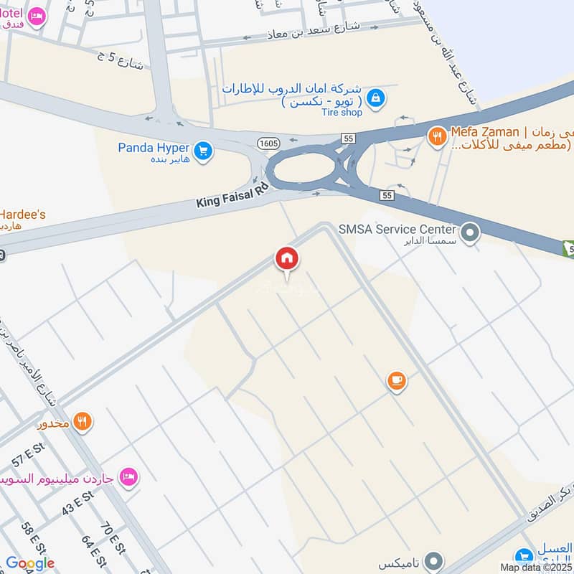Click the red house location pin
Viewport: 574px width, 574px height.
(x=287, y=259)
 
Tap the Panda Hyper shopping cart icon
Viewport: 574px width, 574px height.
(x=203, y=151)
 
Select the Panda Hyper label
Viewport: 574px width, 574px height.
(x=154, y=149)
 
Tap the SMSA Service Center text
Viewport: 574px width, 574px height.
(x=397, y=230)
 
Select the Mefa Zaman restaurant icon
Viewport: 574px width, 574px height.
(x=436, y=136)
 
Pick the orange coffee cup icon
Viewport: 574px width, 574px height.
(x=397, y=381)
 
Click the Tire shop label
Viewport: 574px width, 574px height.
(x=342, y=112)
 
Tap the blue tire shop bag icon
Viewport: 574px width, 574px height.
(x=375, y=97)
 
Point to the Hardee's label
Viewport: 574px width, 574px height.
(x=23, y=214)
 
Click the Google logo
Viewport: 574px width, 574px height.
(x=30, y=563)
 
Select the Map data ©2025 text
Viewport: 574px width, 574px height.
(x=536, y=567)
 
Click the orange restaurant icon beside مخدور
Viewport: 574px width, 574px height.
(x=83, y=422)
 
